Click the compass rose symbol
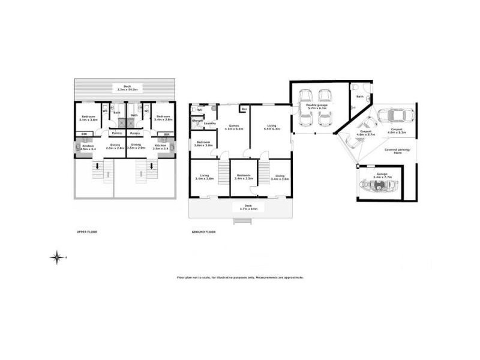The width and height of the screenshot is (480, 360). [x=57, y=257]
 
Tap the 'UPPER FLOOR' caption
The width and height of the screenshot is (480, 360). [x=86, y=231]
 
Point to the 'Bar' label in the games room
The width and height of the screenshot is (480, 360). [x=244, y=109]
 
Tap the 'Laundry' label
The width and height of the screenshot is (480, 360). [x=209, y=124]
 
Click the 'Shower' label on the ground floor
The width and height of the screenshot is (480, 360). [x=197, y=120]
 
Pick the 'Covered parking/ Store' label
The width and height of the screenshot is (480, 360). [x=398, y=152]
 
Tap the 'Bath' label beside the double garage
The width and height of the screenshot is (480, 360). [x=359, y=96]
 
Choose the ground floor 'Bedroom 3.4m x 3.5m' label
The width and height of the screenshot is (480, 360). [x=244, y=177]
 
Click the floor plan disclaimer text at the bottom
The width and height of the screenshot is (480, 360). [x=240, y=277]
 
